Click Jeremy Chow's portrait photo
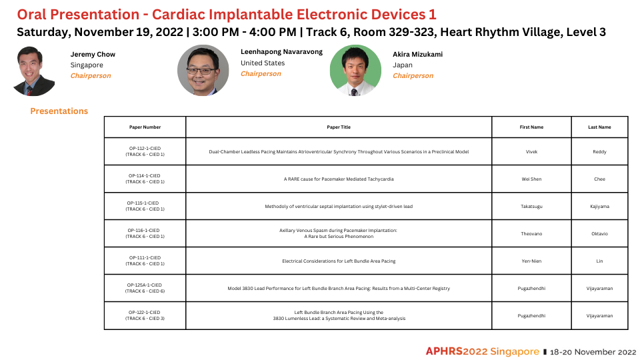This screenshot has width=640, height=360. pyautogui.click(x=34, y=71)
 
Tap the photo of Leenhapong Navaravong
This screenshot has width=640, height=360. pyautogui.click(x=203, y=70)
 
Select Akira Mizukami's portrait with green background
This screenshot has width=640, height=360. pyautogui.click(x=355, y=70)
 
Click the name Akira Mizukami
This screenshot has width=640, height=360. pyautogui.click(x=417, y=54)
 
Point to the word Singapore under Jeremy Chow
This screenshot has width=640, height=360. pyautogui.click(x=87, y=65)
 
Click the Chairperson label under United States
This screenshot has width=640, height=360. pyautogui.click(x=261, y=74)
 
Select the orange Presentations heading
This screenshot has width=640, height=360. pyautogui.click(x=59, y=111)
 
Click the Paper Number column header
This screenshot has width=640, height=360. pyautogui.click(x=145, y=127)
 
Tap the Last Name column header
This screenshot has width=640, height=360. pyautogui.click(x=599, y=127)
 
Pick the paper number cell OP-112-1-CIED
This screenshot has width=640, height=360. pyautogui.click(x=145, y=151)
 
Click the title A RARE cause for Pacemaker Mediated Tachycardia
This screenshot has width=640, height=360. pyautogui.click(x=339, y=179)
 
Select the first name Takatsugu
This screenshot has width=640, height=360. pyautogui.click(x=531, y=207)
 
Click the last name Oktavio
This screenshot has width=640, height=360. pyautogui.click(x=599, y=234)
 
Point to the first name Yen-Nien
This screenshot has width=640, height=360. pyautogui.click(x=531, y=261)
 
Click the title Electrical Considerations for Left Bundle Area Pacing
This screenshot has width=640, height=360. pyautogui.click(x=339, y=261)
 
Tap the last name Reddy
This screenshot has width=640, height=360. pyautogui.click(x=599, y=152)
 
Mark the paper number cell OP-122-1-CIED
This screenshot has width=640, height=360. pyautogui.click(x=145, y=315)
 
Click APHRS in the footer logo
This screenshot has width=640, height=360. pyautogui.click(x=444, y=351)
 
